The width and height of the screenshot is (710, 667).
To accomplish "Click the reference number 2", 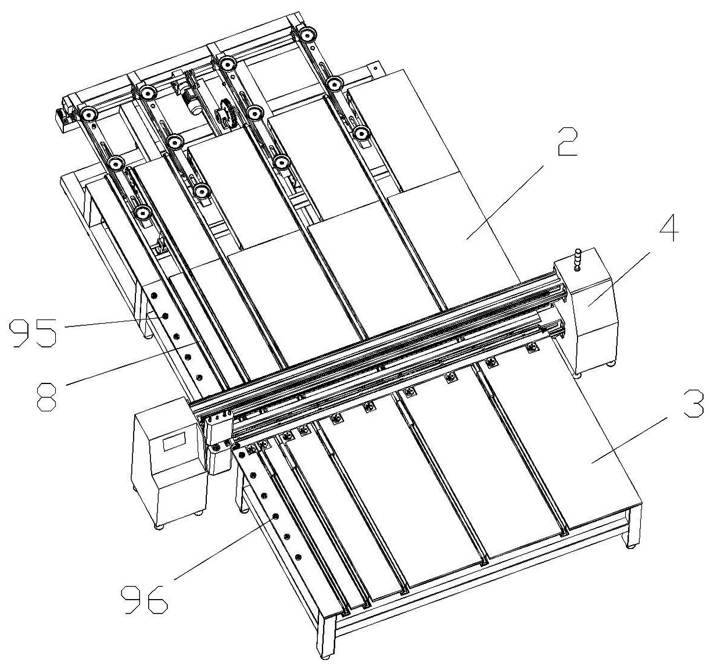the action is point(567,142).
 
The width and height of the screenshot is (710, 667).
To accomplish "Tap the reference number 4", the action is point(669,227).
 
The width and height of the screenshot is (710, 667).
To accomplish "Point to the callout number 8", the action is point(47,397).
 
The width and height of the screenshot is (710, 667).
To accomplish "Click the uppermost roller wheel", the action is point(307,35).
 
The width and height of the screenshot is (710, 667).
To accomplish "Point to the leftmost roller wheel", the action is point(88,115).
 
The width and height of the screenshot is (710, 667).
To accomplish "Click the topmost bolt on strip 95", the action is point(154,295).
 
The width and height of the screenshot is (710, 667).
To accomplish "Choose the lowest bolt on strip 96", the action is point(297,557).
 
